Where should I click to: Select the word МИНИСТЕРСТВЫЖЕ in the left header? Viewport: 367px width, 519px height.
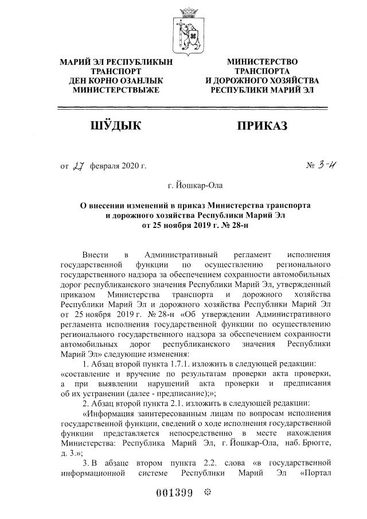pos(112,90)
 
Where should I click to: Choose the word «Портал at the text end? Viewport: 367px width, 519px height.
pos(315,475)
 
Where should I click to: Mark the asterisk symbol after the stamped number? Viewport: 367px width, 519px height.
pos(208,493)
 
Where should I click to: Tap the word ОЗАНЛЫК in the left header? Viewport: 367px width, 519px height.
pos(138,81)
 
